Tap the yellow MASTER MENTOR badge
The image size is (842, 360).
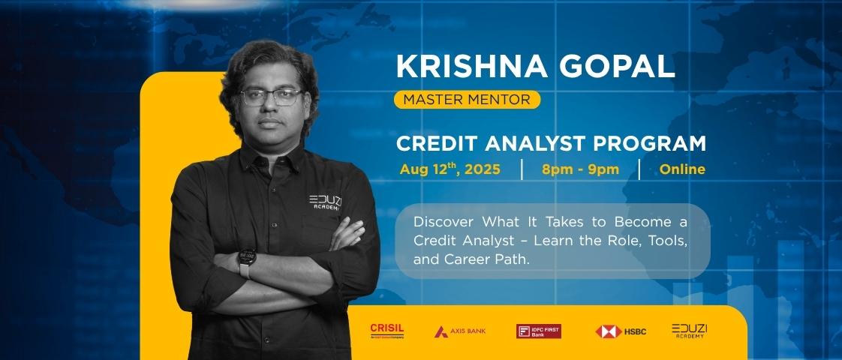[x=467, y=99]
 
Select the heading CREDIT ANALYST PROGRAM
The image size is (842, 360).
[x=552, y=143]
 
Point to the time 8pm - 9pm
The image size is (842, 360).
[x=580, y=169]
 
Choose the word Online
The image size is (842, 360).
[x=682, y=169]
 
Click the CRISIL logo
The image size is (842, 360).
[x=387, y=331]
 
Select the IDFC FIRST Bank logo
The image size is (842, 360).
[x=538, y=331]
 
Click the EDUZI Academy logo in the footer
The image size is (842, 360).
[x=689, y=331]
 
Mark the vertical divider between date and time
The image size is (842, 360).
[x=522, y=169]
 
